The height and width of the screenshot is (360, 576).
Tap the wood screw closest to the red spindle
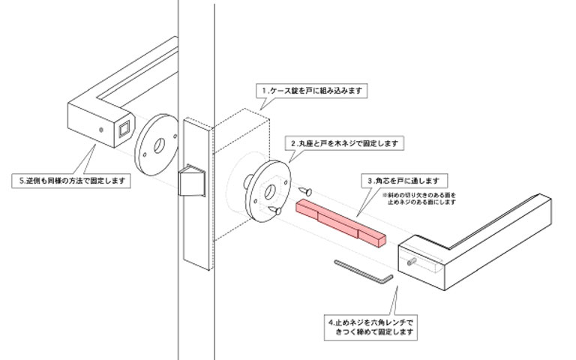coord(307,191)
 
